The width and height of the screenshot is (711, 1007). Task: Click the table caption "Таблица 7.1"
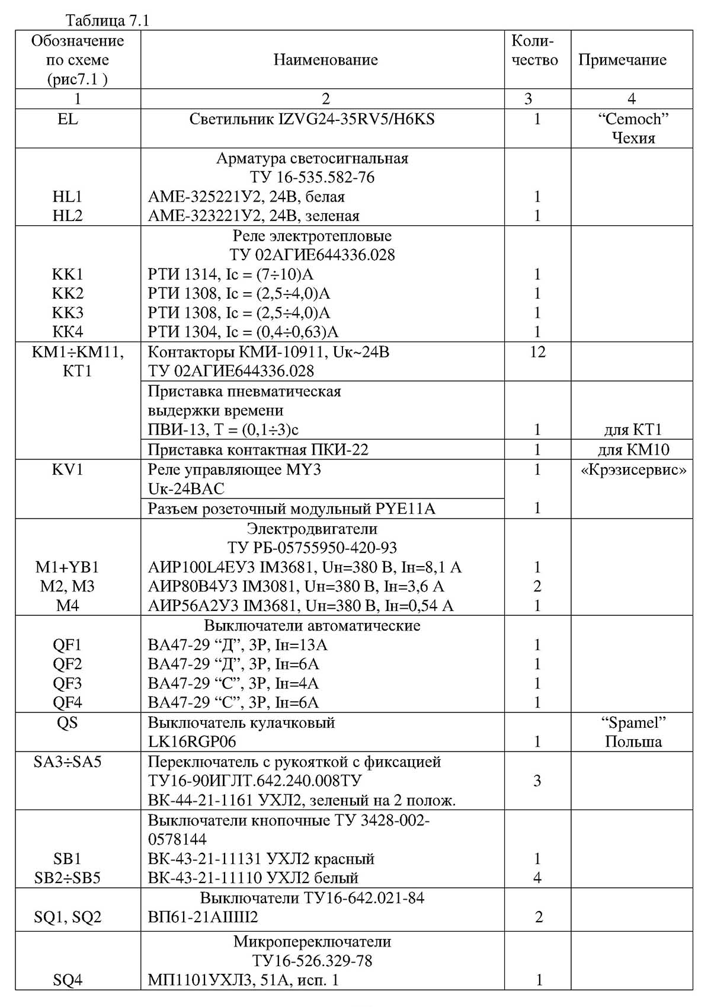coord(107,21)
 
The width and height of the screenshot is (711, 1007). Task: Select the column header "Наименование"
coord(325,60)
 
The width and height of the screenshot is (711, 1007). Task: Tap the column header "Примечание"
coord(622,60)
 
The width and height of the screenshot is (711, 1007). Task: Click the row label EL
coord(68,119)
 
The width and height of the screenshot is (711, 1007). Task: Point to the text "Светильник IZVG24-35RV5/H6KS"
coord(312,119)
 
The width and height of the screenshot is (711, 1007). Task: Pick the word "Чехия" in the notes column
coord(633,138)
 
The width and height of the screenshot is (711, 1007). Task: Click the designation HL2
coord(68,216)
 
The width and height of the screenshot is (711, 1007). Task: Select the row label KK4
coord(68,331)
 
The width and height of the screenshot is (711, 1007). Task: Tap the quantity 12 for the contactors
coord(537,352)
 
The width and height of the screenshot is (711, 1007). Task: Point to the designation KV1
coord(68,470)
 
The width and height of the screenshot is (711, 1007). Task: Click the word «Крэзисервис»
coord(633,470)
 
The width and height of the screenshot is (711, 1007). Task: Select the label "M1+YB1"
coord(68,567)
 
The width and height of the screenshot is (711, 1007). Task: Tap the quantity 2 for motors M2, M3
coord(537,586)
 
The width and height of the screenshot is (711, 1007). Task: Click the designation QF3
coord(68,683)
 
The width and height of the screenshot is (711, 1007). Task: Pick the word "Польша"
coord(633,741)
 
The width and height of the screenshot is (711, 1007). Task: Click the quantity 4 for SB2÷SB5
coord(537,878)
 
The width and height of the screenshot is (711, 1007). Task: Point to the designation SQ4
coord(68,980)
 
